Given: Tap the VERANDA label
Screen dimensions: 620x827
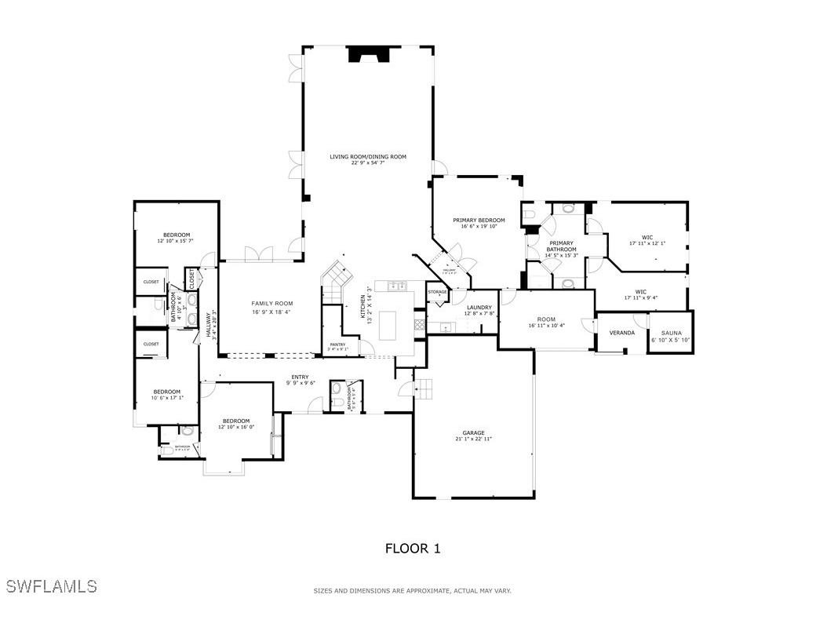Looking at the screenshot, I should pos(621,333).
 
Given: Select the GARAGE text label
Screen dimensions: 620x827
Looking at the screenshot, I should pos(473,432).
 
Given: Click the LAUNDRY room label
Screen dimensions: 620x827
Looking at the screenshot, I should pos(479,307).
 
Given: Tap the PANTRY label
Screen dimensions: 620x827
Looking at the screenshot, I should pos(337,345).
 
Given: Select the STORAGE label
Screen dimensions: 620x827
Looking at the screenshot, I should pos(437,292).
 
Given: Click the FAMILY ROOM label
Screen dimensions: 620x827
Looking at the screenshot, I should pos(271,303).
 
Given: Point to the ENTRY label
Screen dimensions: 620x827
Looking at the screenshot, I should pos(300,377).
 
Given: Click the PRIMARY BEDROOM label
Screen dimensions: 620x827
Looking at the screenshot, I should pos(479,220).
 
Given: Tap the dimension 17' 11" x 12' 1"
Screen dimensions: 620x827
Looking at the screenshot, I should pos(647,243).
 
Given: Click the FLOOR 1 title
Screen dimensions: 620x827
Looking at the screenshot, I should pos(412,549).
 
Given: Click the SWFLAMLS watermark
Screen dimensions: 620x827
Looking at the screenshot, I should pos(51,586).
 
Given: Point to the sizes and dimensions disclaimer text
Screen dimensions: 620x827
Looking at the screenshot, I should pos(412,591).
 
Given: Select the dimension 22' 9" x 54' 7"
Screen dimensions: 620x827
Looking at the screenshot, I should pos(368,163).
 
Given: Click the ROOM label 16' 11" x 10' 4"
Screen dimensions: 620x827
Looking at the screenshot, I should pos(546,319).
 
